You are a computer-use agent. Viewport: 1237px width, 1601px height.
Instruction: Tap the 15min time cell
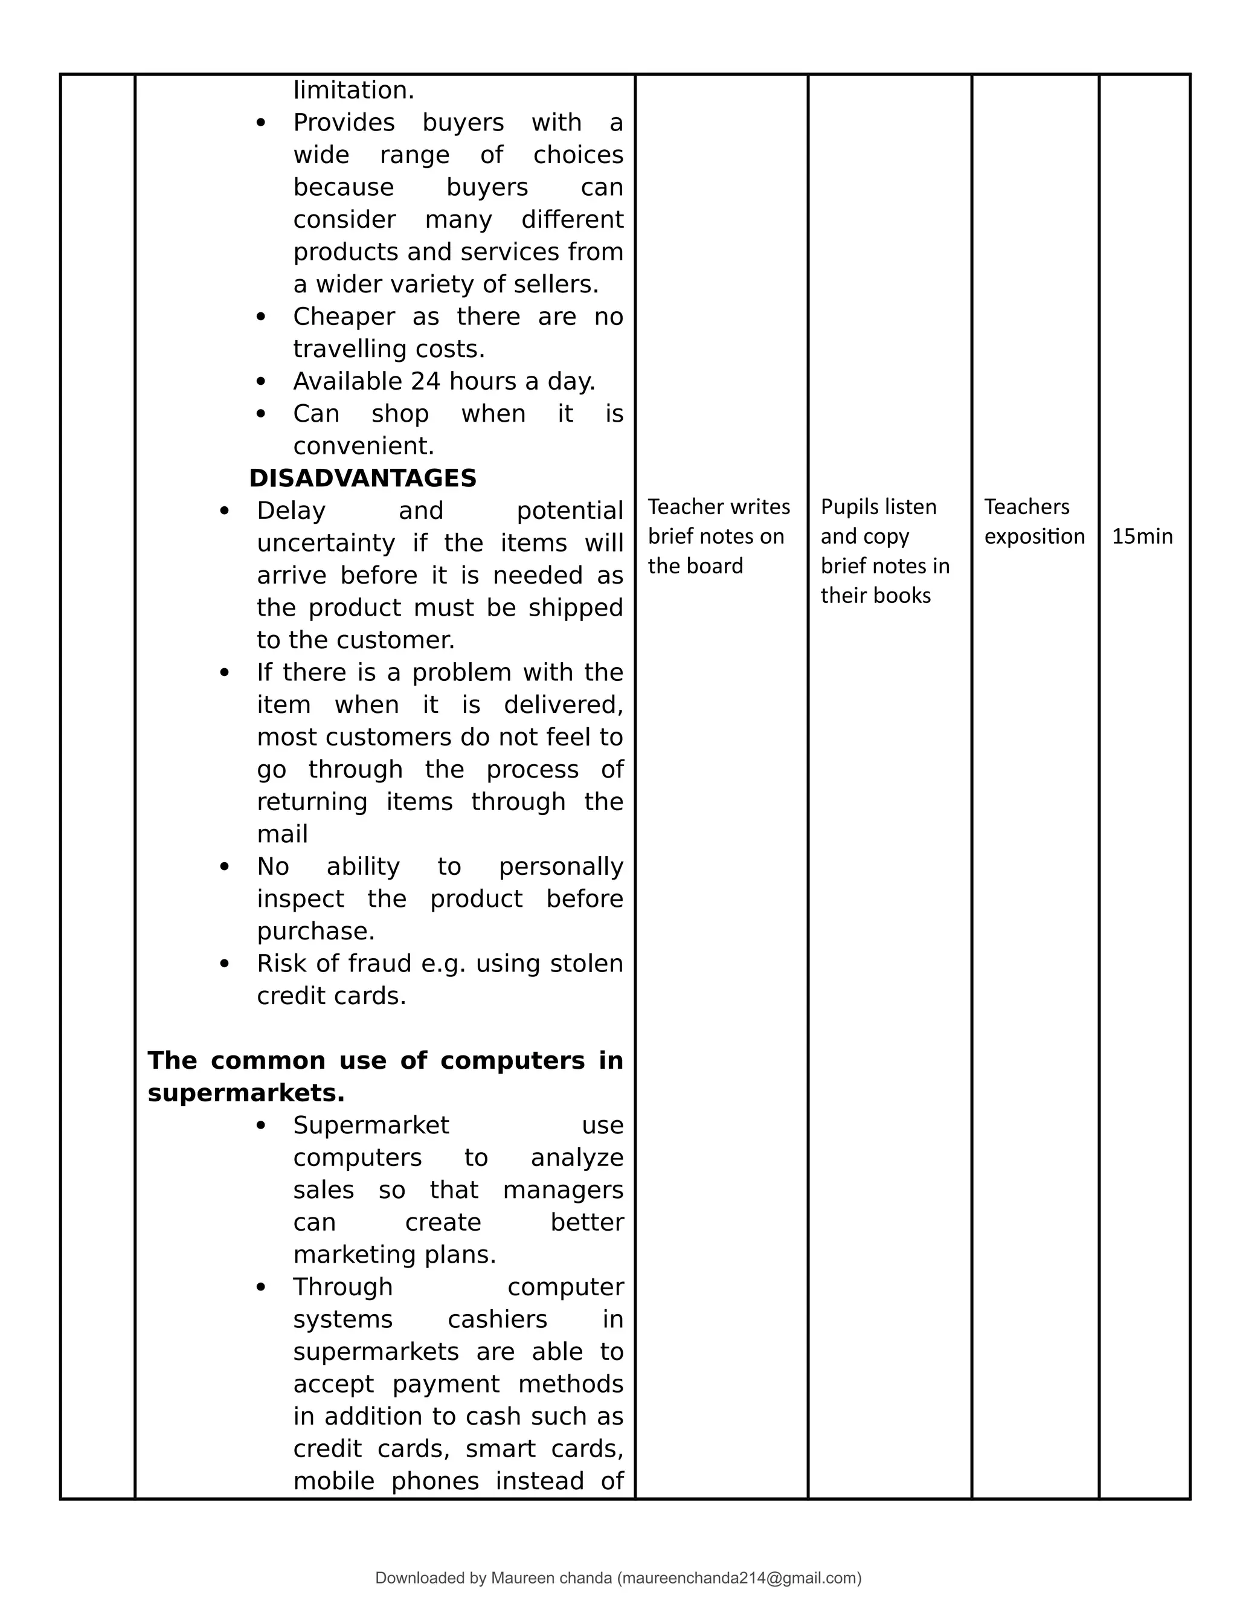point(1142,536)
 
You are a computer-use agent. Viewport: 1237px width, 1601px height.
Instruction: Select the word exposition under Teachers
point(1033,536)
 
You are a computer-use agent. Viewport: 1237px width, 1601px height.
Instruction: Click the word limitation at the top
point(353,90)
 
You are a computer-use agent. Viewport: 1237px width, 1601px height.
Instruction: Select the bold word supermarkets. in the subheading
point(245,1093)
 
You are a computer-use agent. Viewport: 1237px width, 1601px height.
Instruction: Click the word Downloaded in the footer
point(419,1578)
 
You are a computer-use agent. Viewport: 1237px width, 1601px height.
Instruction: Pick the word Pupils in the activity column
point(843,506)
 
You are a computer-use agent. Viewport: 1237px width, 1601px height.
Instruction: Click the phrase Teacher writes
point(718,506)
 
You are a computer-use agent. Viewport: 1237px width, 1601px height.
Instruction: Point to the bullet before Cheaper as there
point(261,317)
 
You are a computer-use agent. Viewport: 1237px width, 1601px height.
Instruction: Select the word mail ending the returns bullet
point(281,834)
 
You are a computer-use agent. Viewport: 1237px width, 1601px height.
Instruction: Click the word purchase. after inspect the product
point(315,931)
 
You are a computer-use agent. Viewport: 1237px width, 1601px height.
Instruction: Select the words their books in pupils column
point(875,595)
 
